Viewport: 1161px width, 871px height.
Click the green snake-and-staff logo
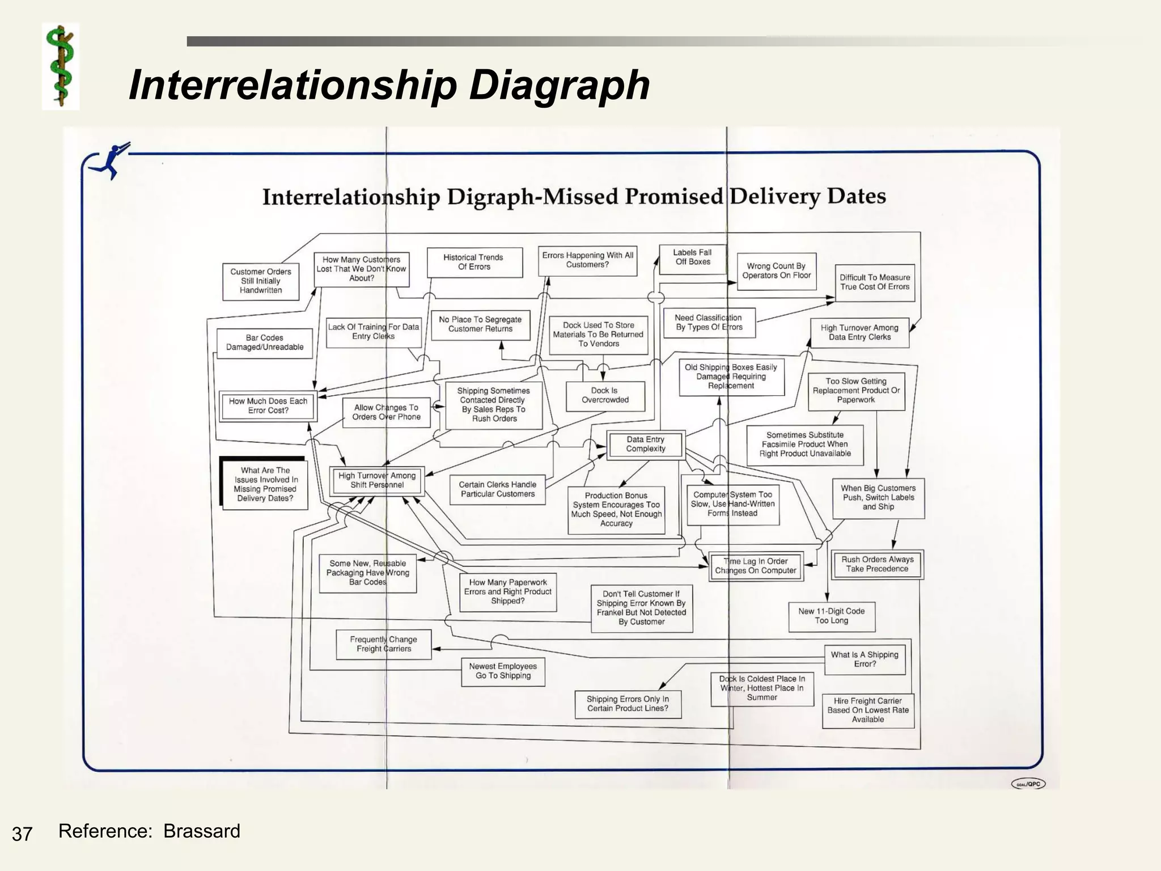[61, 66]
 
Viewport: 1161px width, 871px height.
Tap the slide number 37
[22, 834]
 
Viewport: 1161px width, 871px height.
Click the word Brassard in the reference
[202, 831]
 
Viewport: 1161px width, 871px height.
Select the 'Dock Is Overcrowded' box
[605, 395]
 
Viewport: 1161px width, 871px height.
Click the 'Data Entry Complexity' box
[646, 444]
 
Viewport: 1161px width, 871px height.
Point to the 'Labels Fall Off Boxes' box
[692, 258]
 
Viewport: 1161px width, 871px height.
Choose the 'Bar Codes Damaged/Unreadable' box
[264, 343]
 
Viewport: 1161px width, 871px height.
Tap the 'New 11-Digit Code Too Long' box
[831, 616]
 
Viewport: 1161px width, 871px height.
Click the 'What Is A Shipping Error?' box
[865, 659]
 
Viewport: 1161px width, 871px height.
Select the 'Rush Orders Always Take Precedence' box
[877, 564]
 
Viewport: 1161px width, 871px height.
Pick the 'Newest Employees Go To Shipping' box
[503, 671]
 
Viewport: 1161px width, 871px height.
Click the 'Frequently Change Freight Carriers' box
[384, 644]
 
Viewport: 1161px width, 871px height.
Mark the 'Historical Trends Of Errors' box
[474, 262]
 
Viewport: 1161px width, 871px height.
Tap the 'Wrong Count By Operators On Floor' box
[776, 271]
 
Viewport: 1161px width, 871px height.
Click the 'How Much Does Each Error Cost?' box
[268, 406]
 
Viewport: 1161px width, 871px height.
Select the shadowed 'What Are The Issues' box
[265, 484]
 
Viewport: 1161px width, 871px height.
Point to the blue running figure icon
[114, 160]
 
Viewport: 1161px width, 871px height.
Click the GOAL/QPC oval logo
[1028, 784]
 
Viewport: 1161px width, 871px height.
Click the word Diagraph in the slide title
[559, 85]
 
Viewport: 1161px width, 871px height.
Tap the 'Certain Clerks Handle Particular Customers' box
[497, 489]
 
